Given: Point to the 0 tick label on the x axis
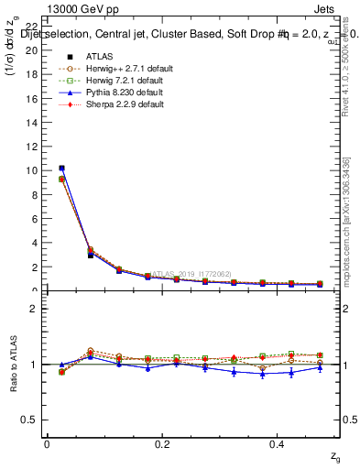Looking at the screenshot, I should [x=47, y=444].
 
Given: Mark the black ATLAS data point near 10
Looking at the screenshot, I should [x=61, y=169].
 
